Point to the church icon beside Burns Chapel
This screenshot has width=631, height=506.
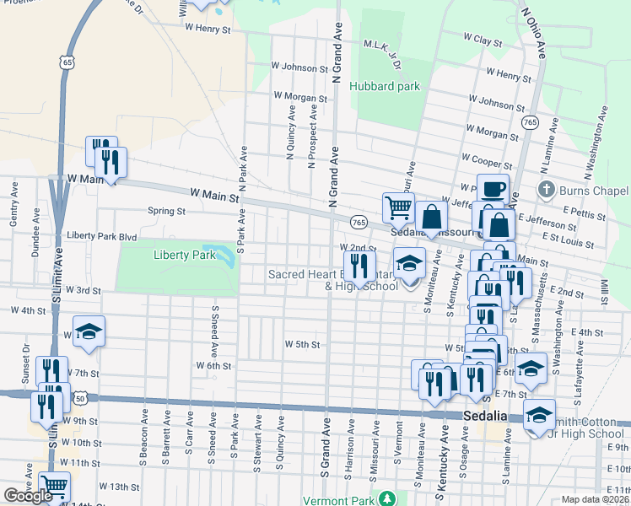pyautogui.click(x=547, y=189)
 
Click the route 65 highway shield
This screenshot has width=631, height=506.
pyautogui.click(x=67, y=62)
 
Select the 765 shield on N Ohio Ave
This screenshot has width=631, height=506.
pyautogui.click(x=530, y=123)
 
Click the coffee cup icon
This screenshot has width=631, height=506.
pyautogui.click(x=493, y=188)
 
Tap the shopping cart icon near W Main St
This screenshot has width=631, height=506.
pyautogui.click(x=397, y=206)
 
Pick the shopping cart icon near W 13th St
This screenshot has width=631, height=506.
pyautogui.click(x=54, y=486)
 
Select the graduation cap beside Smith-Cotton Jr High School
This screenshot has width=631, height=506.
pyautogui.click(x=539, y=414)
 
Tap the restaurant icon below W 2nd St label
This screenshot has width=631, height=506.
pyautogui.click(x=360, y=266)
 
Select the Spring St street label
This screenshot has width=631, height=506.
pyautogui.click(x=166, y=211)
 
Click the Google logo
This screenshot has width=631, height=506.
pyautogui.click(x=28, y=496)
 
